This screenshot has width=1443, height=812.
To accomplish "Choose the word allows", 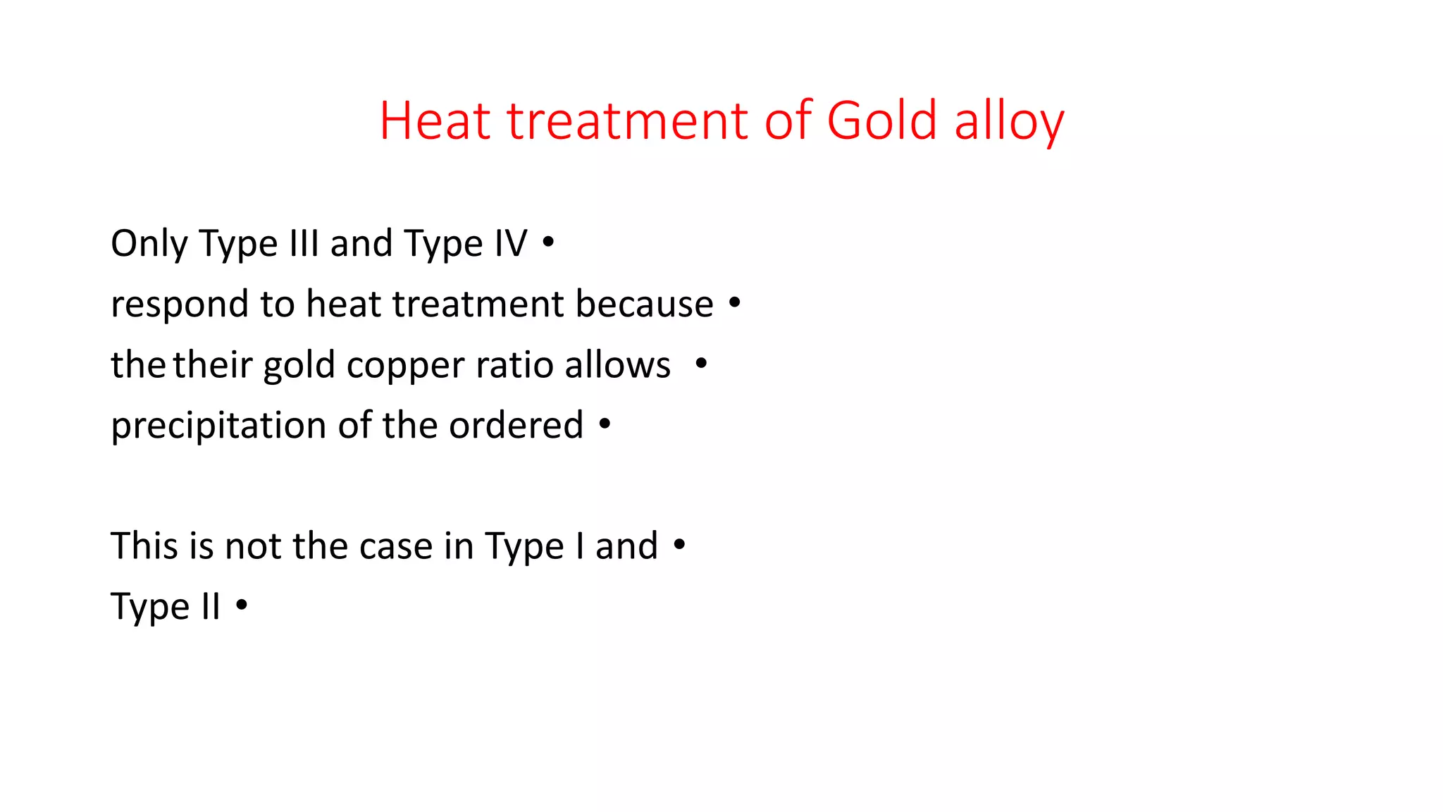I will [617, 365].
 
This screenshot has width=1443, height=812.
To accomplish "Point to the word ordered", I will [516, 425].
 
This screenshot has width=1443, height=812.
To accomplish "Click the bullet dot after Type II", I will [242, 605].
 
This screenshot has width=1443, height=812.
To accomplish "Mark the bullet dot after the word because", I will [735, 303].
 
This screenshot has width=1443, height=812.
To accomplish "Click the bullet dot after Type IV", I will [548, 242].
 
